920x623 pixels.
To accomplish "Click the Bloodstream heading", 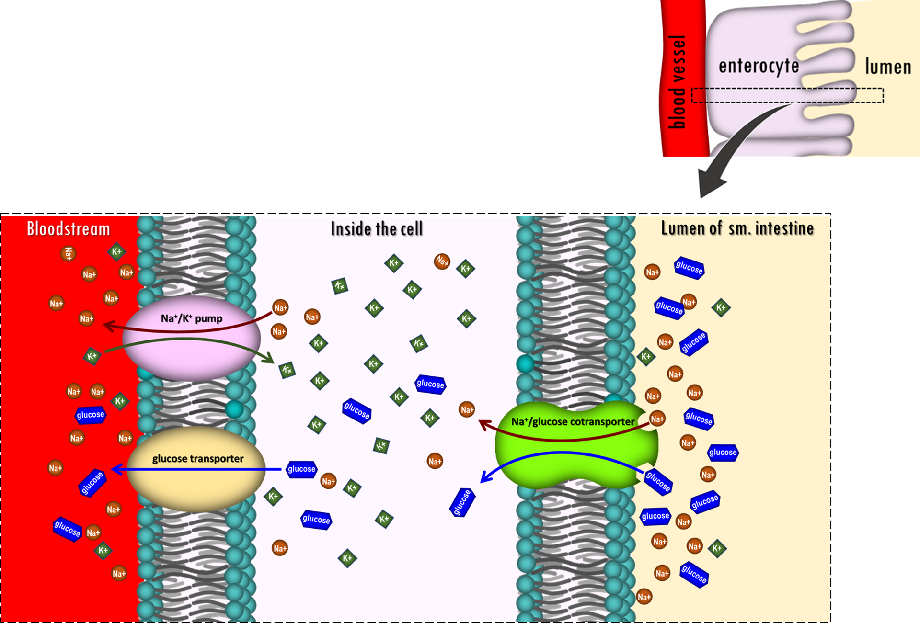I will pos(68,229).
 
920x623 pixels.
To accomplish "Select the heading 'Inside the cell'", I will pos(377,229).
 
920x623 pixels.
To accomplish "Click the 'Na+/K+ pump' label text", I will pos(191,318).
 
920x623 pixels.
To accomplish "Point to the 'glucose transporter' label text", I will pos(198,459).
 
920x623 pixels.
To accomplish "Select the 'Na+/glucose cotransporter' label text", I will pos(573,422).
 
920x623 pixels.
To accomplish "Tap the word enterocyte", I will pos(759,66).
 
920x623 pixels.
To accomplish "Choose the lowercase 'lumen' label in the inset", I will pos(888,67).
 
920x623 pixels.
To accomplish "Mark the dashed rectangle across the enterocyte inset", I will pos(787,95).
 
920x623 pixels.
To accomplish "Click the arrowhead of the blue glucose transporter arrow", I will pos(116,469).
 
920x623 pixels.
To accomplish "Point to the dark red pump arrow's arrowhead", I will pos(108,326).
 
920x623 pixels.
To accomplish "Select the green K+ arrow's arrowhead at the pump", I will pos(269,359).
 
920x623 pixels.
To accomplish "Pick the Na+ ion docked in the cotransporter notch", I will pos(657,419).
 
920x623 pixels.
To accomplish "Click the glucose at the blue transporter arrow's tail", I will pos(301,469).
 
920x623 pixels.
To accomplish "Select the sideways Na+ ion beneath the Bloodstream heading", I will pos(69,253).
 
